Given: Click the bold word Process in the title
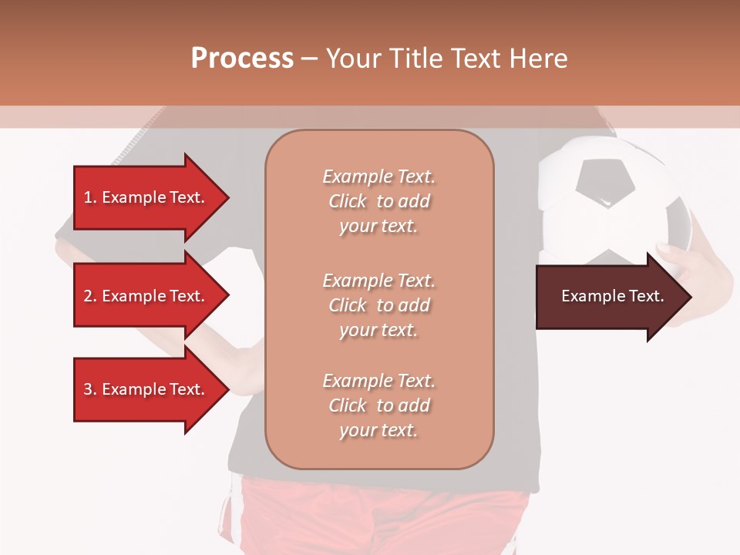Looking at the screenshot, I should coord(242,59).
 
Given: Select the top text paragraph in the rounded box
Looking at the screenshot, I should coord(379,201).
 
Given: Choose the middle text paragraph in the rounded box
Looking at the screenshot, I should coord(379,305).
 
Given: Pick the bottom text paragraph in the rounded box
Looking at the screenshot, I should coord(379,405).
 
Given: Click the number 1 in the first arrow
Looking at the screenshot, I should coord(87,197).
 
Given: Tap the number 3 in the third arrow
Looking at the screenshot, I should coord(87,389).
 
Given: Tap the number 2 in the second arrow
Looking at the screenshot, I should coord(87,296).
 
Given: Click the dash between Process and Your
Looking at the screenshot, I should coord(310,59).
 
